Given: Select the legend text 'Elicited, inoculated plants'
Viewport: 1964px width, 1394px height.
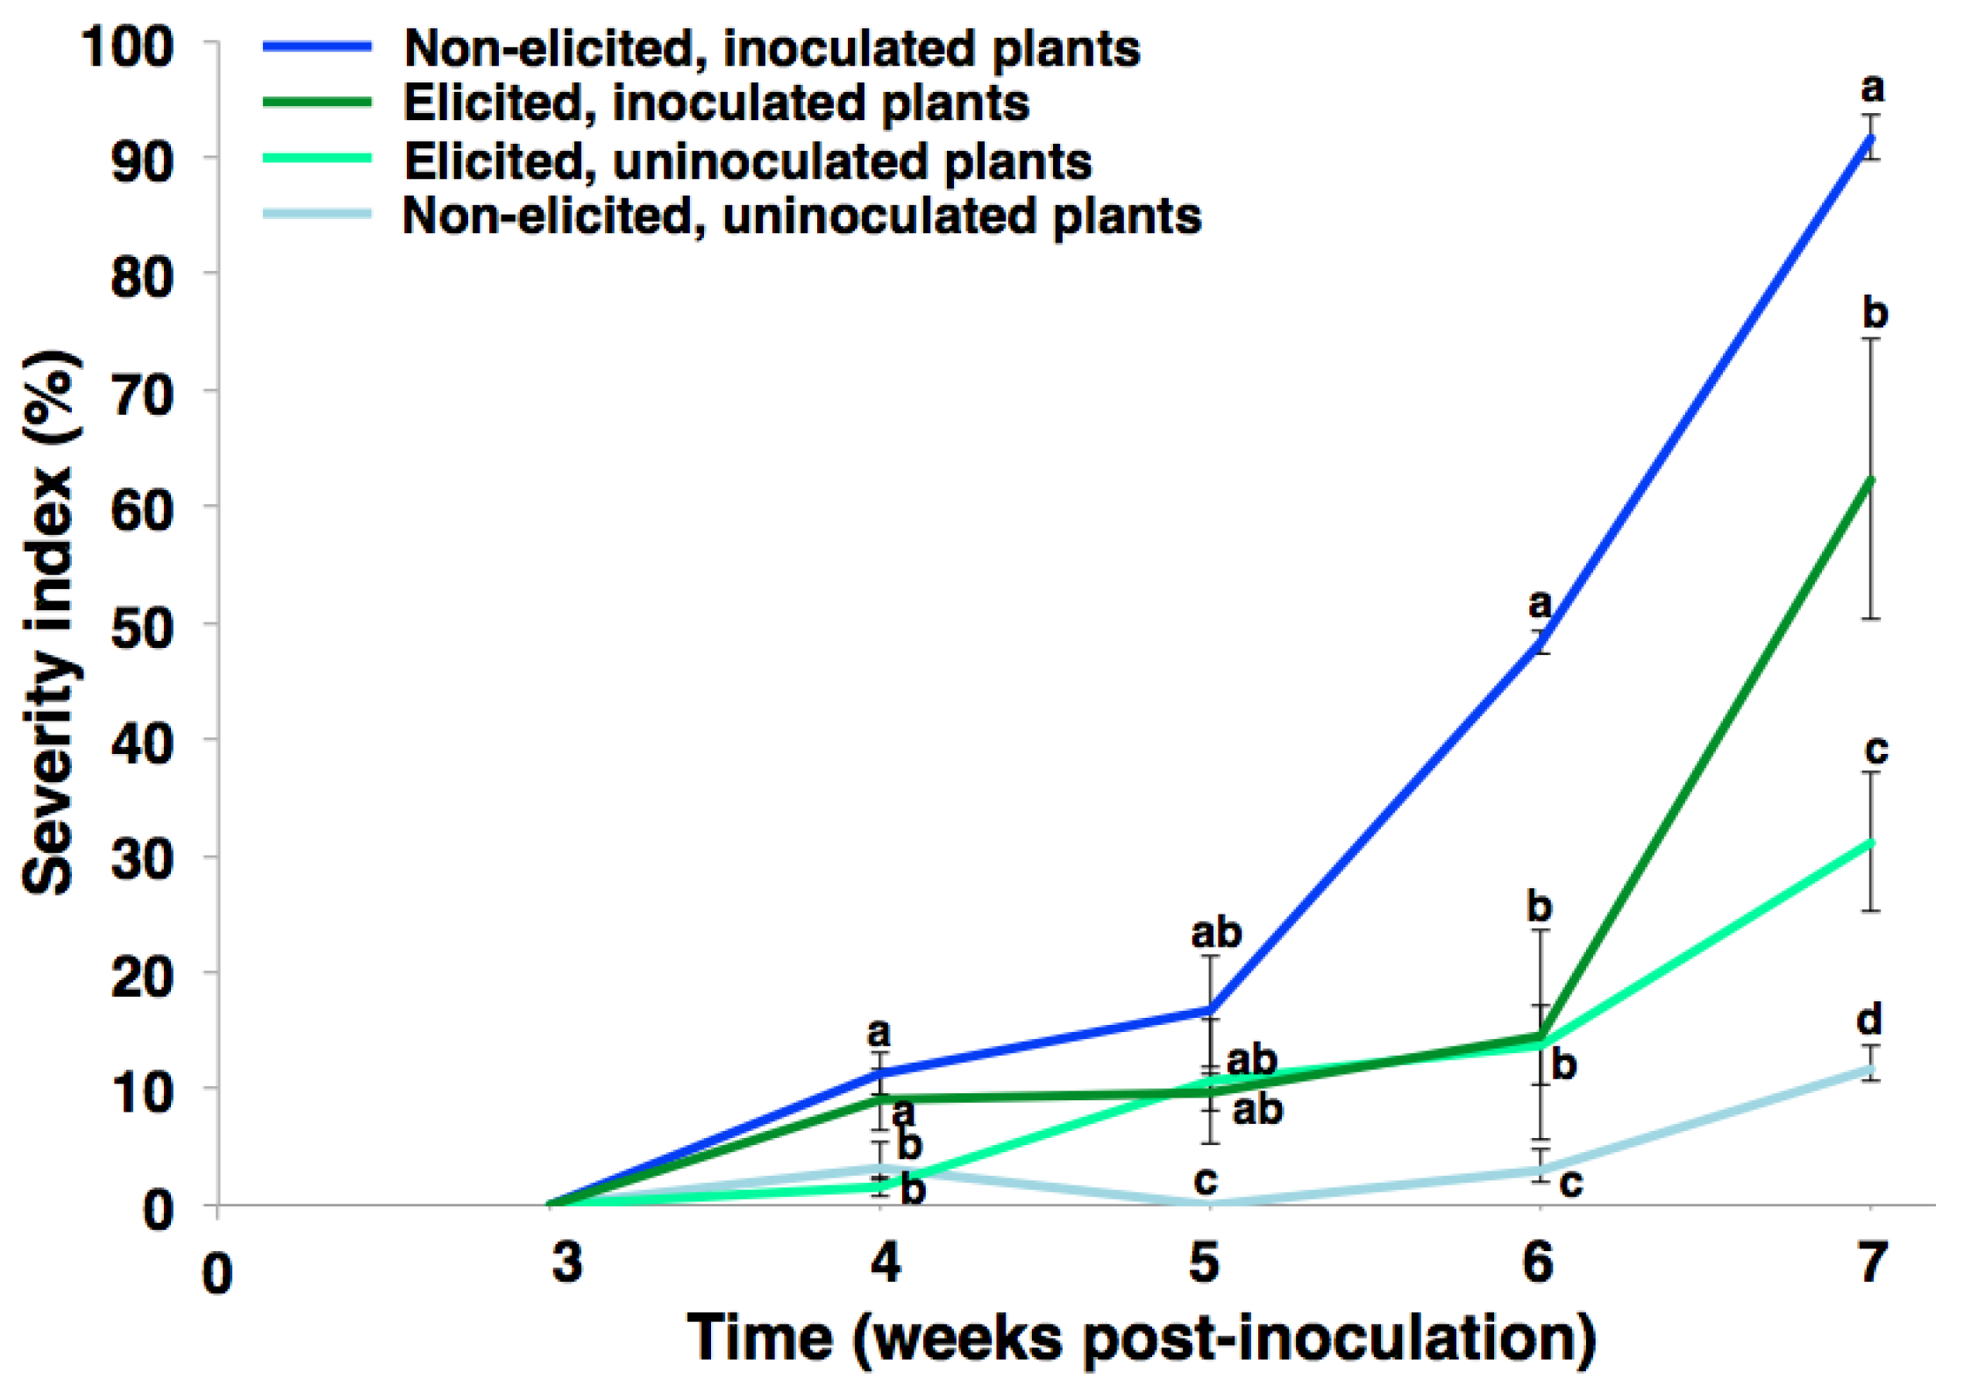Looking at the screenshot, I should tap(715, 103).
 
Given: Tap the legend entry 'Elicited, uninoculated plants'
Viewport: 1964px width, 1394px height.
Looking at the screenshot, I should tap(747, 161).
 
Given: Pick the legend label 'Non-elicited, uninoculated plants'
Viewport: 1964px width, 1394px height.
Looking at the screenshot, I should tap(801, 216).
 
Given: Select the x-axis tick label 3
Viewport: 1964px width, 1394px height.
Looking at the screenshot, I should tap(567, 1263).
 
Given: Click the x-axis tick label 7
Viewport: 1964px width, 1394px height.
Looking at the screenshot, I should tap(1871, 1263).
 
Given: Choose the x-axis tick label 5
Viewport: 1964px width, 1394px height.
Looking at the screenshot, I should tap(1204, 1263).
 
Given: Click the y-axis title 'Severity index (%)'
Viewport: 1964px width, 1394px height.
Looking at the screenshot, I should tap(53, 624).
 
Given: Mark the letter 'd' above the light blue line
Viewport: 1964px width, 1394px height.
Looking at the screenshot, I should tap(1868, 1020).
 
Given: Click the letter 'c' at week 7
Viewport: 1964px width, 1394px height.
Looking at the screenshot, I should tap(1875, 750).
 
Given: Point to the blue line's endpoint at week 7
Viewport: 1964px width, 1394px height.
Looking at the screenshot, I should tap(1871, 139).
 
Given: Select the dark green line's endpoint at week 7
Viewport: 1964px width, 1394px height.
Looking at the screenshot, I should tap(1871, 480).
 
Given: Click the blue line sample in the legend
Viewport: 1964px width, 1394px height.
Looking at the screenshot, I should tap(317, 47).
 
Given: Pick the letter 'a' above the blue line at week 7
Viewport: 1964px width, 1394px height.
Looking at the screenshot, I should tap(1872, 89).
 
